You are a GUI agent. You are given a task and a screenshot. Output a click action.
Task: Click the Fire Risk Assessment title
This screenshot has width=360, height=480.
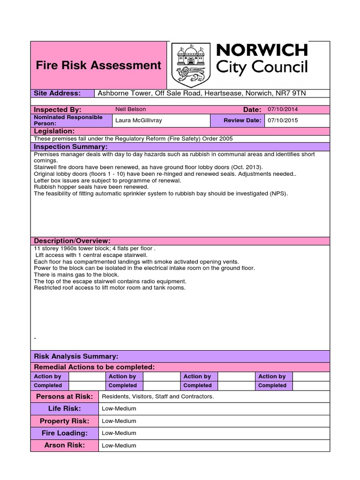(98, 65)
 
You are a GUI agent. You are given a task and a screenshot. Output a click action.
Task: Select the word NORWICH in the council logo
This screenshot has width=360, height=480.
(262, 50)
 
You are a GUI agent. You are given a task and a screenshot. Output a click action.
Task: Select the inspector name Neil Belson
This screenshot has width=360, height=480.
(131, 109)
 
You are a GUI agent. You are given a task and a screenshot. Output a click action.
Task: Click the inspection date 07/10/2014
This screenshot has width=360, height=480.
(283, 109)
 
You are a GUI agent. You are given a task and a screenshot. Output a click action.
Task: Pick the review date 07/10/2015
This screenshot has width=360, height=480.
(283, 120)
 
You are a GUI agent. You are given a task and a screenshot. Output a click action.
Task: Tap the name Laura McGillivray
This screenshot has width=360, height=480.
(139, 120)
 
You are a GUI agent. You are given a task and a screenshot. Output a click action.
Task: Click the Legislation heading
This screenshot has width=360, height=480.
(54, 131)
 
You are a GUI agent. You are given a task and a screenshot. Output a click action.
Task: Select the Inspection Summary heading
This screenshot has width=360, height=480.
(71, 147)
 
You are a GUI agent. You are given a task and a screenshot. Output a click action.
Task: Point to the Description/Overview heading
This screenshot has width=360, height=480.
(72, 240)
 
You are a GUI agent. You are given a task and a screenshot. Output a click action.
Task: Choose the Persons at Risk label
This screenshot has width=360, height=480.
(65, 397)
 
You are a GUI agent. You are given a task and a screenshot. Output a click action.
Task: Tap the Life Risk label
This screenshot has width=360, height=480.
(65, 409)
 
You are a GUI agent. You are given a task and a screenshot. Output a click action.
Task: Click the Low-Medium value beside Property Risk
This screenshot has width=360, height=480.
(119, 421)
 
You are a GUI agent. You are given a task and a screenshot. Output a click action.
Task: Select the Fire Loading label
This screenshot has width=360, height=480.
(65, 433)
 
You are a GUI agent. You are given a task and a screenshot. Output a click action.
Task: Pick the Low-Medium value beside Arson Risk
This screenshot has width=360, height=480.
(119, 445)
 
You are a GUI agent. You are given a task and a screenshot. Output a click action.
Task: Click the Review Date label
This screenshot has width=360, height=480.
(242, 120)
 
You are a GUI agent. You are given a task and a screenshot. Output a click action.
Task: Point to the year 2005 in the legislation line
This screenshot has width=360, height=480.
(225, 139)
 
